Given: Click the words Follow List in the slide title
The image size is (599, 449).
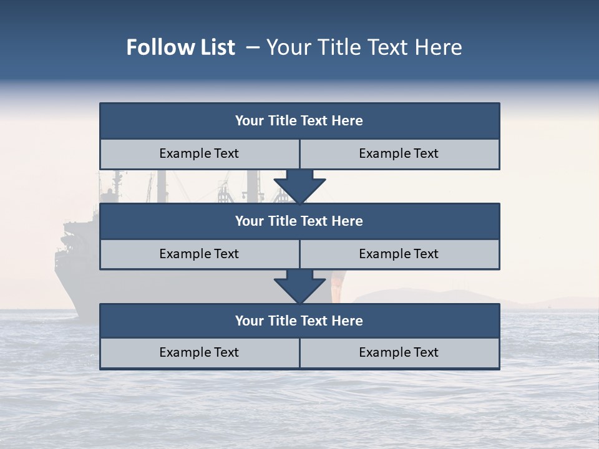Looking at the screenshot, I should coord(180,47).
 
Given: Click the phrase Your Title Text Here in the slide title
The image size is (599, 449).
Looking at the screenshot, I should coord(364,47).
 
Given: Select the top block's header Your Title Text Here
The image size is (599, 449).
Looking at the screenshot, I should coord(299,121).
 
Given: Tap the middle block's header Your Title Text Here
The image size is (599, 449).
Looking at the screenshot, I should coord(299,221).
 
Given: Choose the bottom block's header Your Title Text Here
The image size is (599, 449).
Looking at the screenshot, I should coord(299,321).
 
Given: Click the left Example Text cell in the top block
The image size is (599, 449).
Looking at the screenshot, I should coord(199,153).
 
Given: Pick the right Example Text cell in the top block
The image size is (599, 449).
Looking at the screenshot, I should coord(399,153).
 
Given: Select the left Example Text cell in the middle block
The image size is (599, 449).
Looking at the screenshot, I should coord(199,254).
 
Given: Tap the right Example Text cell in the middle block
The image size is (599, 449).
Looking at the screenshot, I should coord(399,254).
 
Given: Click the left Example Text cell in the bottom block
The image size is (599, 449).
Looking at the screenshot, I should coord(199,352).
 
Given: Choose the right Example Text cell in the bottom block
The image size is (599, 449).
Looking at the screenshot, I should coord(399,352).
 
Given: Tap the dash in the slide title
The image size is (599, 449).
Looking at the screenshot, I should coord(253,47).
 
